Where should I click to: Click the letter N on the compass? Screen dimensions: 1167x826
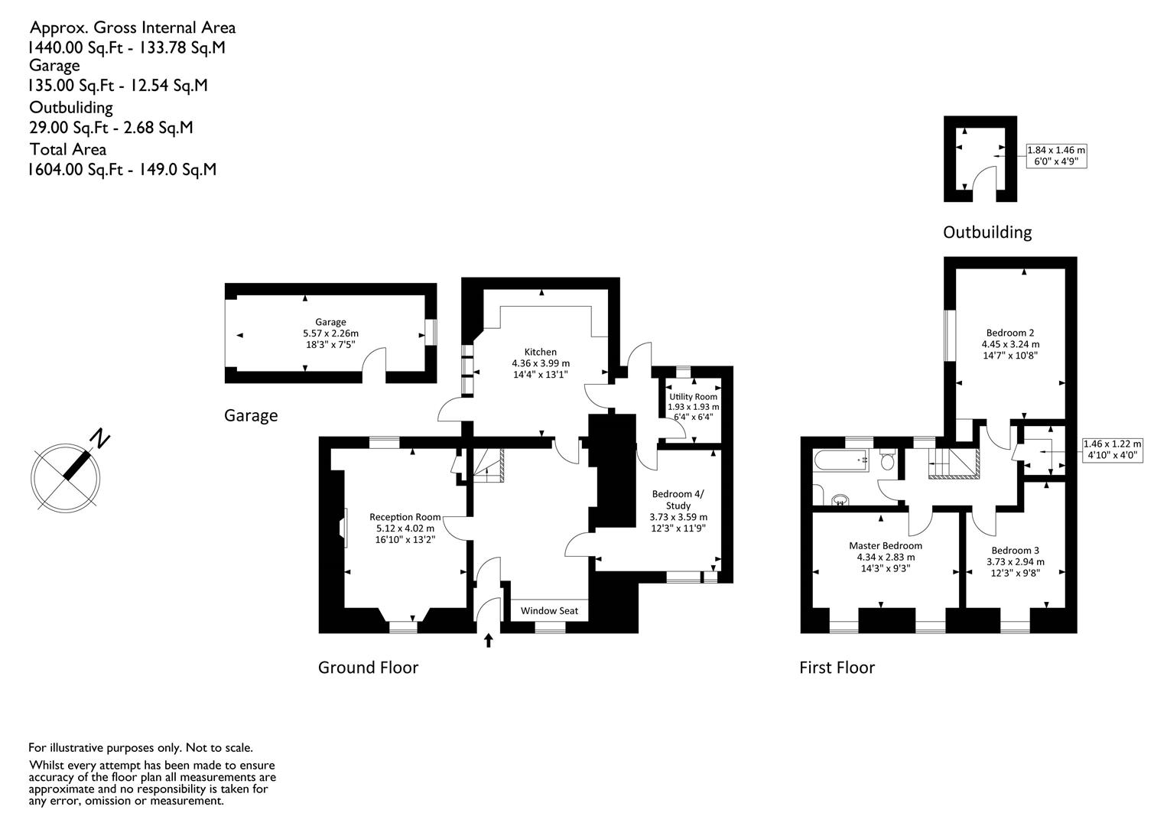click(100, 439)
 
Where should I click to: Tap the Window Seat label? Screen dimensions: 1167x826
click(549, 611)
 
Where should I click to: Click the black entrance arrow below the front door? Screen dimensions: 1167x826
click(488, 640)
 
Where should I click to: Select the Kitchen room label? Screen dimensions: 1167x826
click(540, 352)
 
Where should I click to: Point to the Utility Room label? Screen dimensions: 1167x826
click(693, 397)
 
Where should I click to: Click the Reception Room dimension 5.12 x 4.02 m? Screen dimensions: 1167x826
click(405, 528)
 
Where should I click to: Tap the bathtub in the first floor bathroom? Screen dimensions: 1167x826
click(841, 460)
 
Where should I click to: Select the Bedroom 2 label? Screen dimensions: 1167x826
click(1010, 333)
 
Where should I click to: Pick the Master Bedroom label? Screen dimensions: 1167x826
click(886, 545)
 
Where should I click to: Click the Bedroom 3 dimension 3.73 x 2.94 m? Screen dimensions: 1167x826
click(1016, 562)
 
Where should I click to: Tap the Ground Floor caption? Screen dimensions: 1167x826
click(368, 668)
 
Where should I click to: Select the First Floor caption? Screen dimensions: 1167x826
click(837, 668)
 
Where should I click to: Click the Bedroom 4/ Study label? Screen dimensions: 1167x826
click(678, 499)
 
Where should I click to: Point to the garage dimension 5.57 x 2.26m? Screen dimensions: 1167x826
click(331, 333)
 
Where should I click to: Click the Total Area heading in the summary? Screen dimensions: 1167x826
click(68, 150)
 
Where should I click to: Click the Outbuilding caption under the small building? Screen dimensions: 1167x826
click(987, 232)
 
